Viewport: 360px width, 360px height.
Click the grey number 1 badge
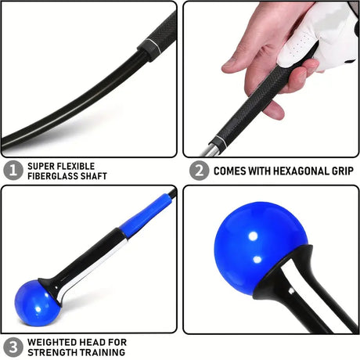13,171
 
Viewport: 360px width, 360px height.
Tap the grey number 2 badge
199,171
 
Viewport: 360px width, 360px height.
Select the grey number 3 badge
13,347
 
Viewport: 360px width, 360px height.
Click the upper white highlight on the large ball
253,236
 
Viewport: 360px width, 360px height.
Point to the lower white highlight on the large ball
257,260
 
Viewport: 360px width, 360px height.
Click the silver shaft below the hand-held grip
209,150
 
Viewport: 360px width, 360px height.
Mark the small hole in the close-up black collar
291,290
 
